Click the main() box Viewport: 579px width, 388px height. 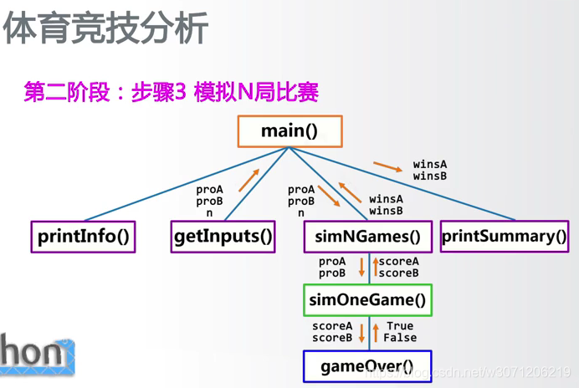tap(289, 131)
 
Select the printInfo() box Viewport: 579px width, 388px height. tap(83, 237)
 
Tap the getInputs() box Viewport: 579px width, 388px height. tap(223, 237)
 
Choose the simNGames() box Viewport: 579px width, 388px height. tap(367, 237)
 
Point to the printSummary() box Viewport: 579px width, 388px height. tap(504, 237)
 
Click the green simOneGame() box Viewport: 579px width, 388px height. tap(367, 300)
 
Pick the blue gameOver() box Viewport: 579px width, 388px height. tap(367, 365)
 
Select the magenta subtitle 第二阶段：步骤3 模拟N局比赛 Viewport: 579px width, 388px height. tap(172, 91)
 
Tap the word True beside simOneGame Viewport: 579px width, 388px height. tap(400, 326)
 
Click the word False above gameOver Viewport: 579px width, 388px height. tap(400, 338)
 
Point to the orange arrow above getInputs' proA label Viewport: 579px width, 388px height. tap(249, 179)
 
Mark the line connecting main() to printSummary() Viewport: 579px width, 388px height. tap(402, 183)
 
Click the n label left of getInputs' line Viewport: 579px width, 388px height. tap(209, 213)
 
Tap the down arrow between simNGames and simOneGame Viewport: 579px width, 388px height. tap(362, 268)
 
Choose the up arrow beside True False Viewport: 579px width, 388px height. tap(374, 332)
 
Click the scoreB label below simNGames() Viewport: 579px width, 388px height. tap(399, 273)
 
